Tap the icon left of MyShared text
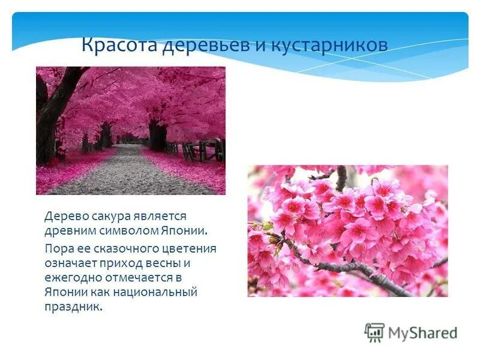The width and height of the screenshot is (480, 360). click(x=374, y=332)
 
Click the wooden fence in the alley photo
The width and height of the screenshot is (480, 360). click(x=201, y=151)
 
